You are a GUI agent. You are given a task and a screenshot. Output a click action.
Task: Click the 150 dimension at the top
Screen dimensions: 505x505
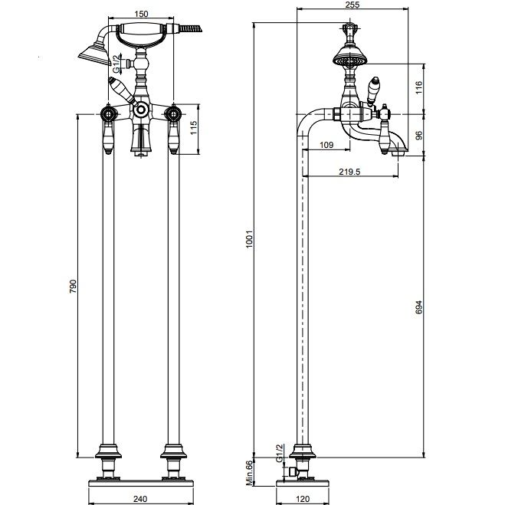click(141, 14)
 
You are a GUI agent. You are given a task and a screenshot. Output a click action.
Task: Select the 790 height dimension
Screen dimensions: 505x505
click(74, 286)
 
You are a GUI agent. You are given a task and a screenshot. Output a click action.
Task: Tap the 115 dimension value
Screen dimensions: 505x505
click(193, 128)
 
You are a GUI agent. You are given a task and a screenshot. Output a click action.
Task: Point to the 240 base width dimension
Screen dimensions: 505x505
click(140, 499)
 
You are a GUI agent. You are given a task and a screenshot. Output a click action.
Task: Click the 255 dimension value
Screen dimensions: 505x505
click(352, 5)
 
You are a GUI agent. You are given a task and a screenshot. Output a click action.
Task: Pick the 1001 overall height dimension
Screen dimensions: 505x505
click(250, 239)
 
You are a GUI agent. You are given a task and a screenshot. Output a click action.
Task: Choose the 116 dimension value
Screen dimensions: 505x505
click(418, 87)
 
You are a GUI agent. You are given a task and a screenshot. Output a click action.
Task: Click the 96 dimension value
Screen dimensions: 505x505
click(418, 136)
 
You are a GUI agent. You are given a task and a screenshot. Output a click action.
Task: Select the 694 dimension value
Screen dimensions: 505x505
click(418, 307)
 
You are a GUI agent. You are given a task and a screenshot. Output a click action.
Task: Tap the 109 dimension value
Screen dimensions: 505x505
click(326, 145)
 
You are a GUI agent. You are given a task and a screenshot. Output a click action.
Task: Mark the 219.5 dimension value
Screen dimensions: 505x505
click(349, 172)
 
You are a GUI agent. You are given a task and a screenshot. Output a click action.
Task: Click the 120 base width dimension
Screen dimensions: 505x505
click(303, 499)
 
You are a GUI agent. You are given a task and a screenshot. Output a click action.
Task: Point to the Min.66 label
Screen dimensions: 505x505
click(250, 473)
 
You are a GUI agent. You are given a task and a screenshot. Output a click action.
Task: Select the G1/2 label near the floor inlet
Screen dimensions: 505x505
click(279, 452)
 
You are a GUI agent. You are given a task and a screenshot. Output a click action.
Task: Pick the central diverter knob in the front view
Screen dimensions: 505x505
click(141, 110)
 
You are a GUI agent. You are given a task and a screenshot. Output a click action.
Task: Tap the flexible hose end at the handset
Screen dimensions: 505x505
click(191, 28)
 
